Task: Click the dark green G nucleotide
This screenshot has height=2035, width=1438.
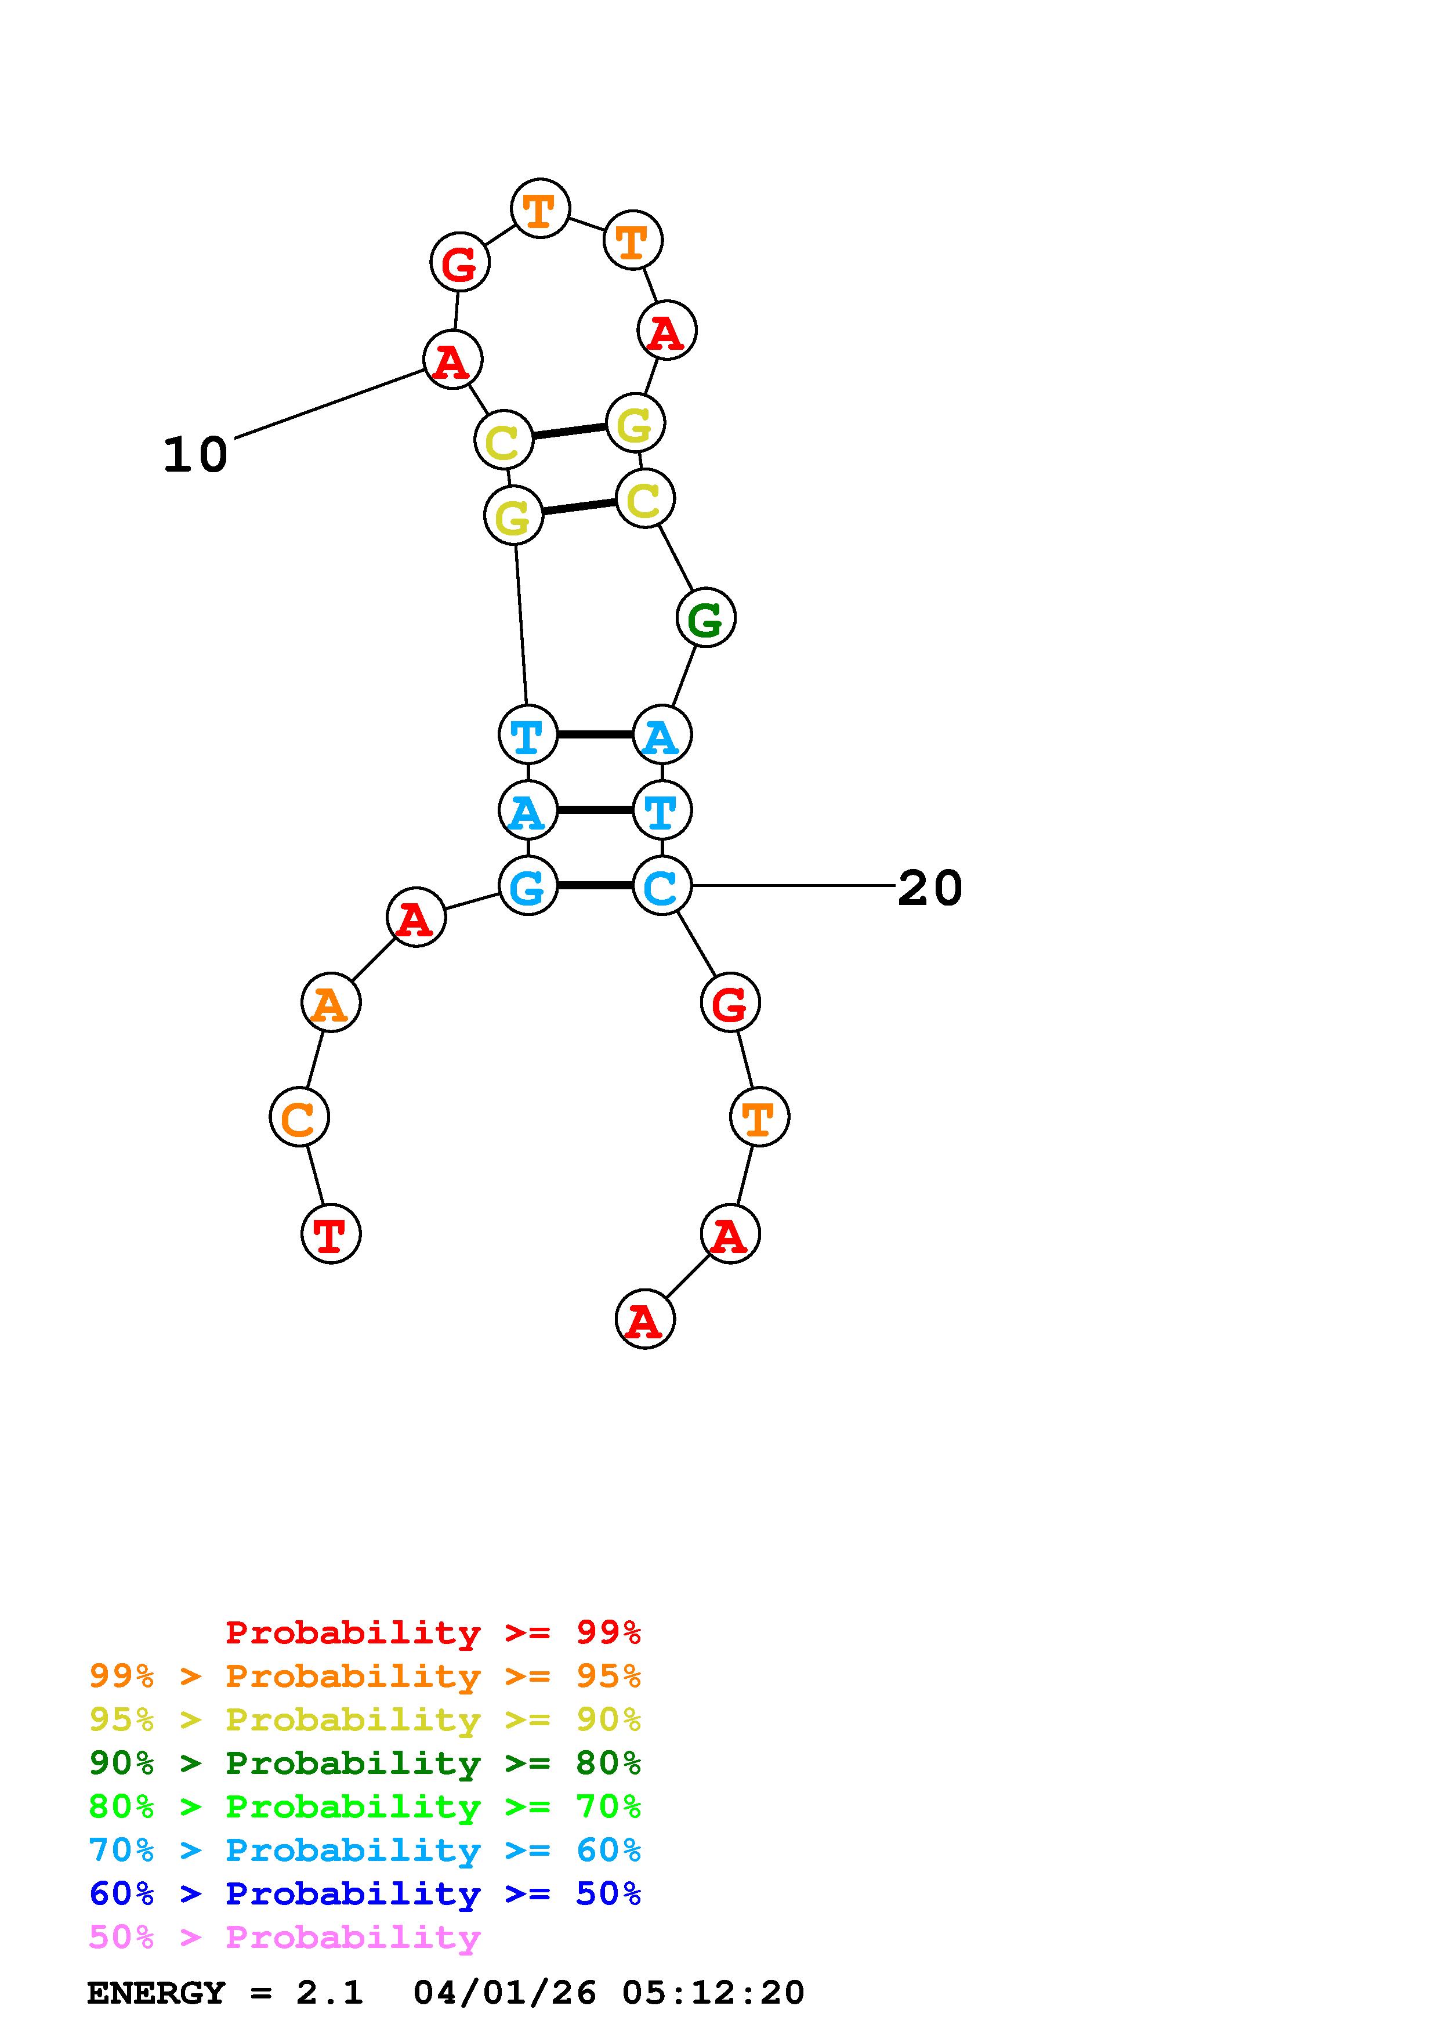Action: tap(705, 618)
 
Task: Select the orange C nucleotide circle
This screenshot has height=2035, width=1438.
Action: tap(299, 1118)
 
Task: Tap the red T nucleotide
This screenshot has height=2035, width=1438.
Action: tap(331, 1234)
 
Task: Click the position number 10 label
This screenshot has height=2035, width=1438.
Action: tap(195, 455)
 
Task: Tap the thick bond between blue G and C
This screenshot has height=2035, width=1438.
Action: tap(595, 885)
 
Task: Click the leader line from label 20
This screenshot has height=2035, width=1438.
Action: tap(793, 885)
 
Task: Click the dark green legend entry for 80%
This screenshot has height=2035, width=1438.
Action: tap(365, 1764)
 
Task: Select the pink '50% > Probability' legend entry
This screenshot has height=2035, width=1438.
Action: tap(285, 1938)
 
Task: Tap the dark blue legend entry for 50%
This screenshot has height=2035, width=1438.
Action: tap(365, 1894)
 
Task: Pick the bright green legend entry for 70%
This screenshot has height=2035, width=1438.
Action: tap(365, 1807)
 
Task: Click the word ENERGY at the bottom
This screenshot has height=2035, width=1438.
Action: tap(156, 1993)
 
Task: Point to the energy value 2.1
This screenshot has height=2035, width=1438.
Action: tap(329, 1993)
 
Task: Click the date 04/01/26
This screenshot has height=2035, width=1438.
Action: tap(505, 1993)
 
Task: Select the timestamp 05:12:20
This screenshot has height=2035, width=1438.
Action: tap(713, 1993)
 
